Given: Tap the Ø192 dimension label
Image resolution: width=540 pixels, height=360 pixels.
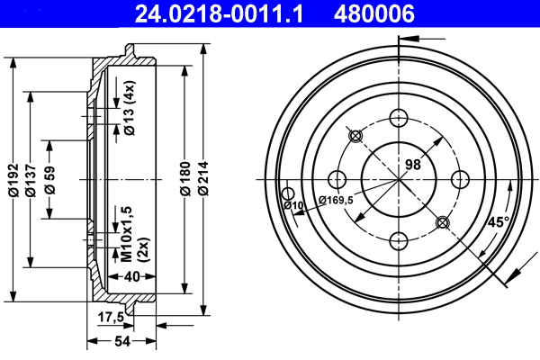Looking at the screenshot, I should (13, 180).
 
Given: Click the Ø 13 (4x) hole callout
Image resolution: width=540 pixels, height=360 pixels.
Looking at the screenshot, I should (130, 108).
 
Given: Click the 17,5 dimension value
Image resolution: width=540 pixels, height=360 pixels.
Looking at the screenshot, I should (110, 316).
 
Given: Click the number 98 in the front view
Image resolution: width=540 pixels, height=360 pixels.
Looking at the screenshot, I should (413, 165).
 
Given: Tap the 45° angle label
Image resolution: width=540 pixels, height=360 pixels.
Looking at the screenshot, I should (498, 221).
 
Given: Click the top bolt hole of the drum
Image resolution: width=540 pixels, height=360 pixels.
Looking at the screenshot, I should (398, 117).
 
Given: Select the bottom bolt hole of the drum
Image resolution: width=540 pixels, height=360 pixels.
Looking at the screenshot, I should (398, 239).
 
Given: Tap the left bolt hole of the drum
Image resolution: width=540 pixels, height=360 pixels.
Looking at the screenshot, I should (337, 178).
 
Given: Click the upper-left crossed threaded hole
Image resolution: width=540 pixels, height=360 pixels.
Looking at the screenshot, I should (355, 136).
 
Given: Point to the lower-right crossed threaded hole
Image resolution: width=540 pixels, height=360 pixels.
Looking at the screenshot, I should (441, 221).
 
